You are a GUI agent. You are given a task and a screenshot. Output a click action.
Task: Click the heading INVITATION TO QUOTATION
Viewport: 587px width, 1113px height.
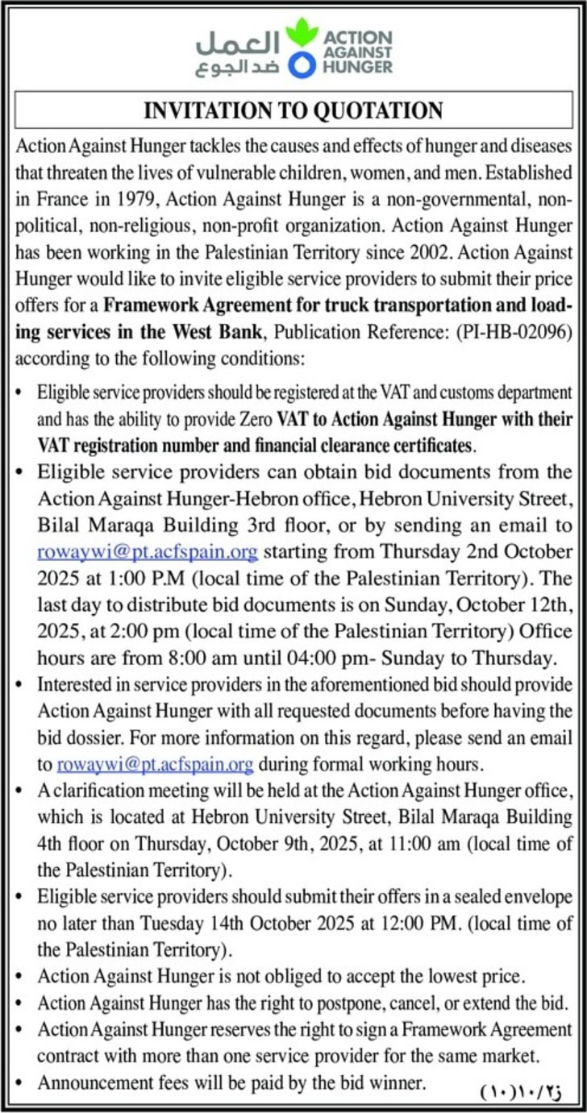(293, 110)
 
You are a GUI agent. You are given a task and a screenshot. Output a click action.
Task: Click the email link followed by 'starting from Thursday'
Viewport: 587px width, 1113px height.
(148, 553)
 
